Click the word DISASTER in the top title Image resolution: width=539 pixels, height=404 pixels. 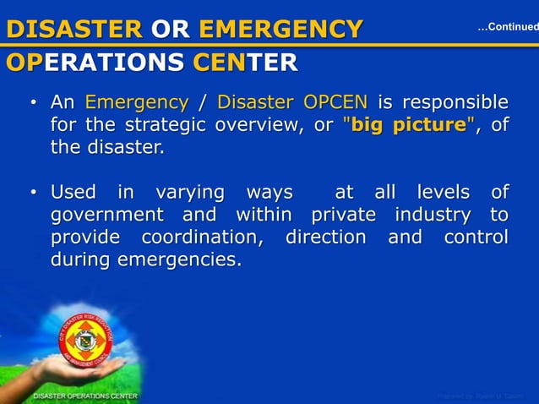point(74,30)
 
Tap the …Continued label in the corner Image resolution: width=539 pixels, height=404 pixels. point(507,28)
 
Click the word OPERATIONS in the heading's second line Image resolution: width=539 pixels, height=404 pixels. point(95,63)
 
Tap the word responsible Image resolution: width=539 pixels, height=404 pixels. point(455,103)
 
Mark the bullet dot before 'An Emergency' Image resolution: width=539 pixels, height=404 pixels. point(33,104)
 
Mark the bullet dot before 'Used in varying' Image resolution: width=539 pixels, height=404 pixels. point(33,193)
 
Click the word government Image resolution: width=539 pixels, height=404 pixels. point(106,215)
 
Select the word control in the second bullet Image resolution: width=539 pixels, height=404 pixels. point(476,237)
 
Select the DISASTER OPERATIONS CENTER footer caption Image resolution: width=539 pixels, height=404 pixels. point(84,396)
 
